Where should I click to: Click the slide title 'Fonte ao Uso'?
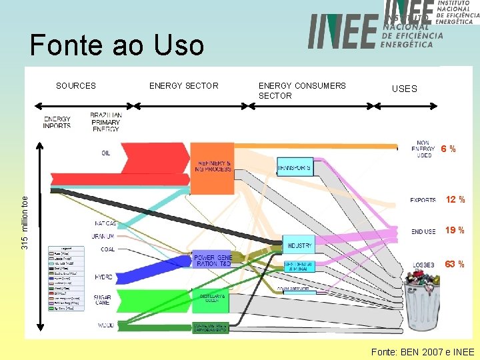[x=117, y=45]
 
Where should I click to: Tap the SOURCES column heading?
[x=75, y=85]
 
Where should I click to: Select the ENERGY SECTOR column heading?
[x=183, y=85]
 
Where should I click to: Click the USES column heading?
[x=404, y=89]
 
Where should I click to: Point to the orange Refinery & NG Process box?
[x=213, y=160]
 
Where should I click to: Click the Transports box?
[x=294, y=166]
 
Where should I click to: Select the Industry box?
[x=299, y=245]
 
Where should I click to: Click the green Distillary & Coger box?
[x=211, y=301]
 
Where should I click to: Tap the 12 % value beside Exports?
[x=455, y=200]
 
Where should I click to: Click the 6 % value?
[x=448, y=149]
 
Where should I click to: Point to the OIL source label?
[x=106, y=153]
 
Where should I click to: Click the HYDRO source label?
[x=104, y=276]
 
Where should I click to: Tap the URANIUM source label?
[x=103, y=236]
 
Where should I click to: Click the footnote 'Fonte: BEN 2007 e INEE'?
[x=423, y=351]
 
